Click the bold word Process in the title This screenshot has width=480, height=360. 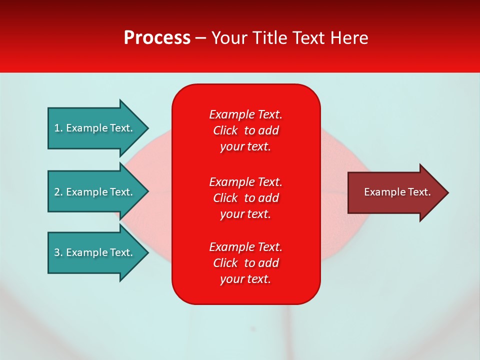coord(157,38)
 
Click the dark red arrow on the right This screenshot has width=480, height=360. coord(395,192)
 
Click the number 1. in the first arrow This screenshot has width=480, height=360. coord(58,128)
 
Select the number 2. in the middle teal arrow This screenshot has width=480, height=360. coord(58,192)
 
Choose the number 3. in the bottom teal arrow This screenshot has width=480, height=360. coord(58,252)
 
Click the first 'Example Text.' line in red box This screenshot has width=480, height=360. coord(245,114)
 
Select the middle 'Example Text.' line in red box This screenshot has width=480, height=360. coord(245,182)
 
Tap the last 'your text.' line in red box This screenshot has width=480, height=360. coord(245,279)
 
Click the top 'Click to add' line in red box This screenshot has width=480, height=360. coord(245,130)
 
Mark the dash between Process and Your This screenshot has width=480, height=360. coord(201,38)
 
